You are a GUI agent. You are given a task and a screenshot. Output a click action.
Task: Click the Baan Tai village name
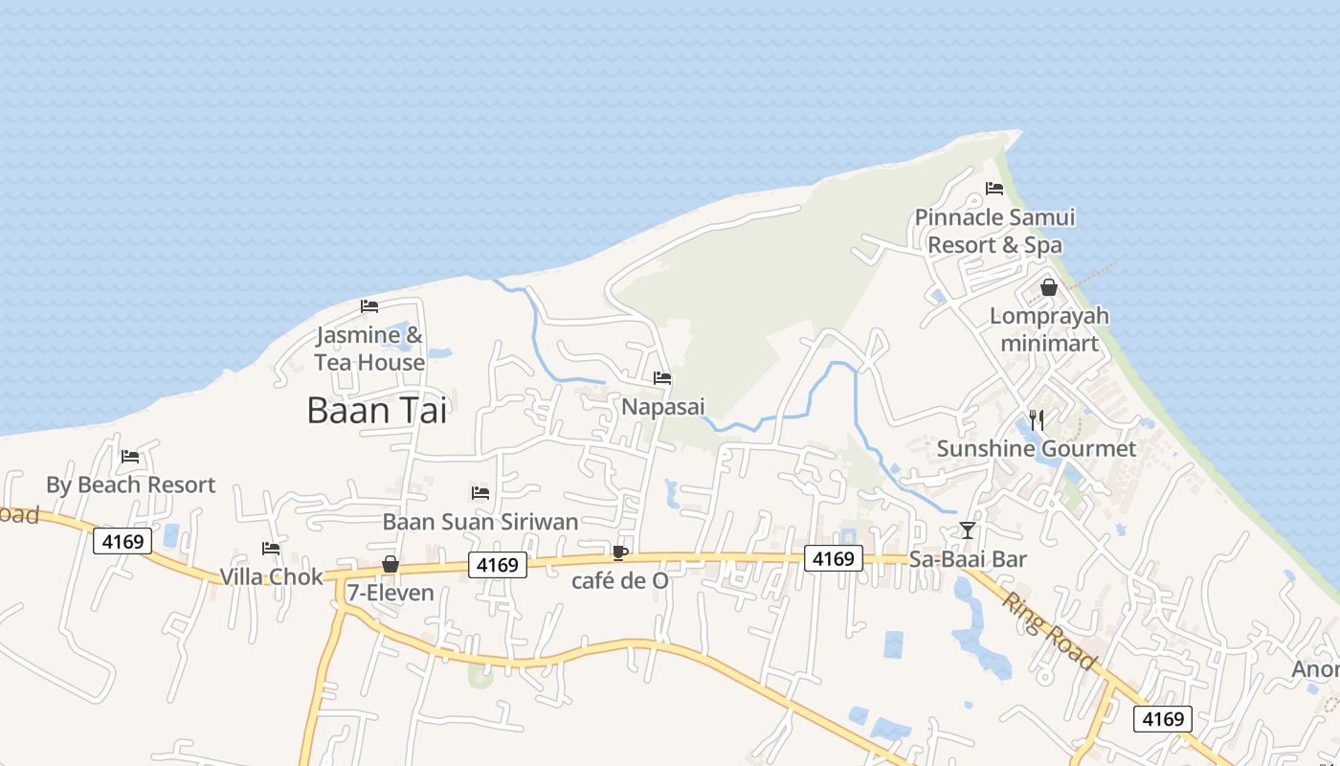pos(377,410)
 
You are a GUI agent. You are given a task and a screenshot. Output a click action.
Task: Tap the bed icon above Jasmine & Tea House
pos(369,306)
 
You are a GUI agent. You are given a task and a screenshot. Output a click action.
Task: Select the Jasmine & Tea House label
pos(369,349)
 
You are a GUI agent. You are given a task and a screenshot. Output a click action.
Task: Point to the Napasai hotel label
pos(663,407)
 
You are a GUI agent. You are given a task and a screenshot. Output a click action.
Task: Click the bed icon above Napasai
pos(662,378)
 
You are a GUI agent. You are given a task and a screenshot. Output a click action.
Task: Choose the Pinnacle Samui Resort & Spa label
pos(994,231)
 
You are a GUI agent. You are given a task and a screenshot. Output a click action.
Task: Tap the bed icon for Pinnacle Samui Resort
pos(994,189)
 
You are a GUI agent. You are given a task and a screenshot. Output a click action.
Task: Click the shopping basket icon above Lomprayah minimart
pos(1049,287)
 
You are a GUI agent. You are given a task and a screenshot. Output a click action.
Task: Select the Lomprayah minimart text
pos(1049,329)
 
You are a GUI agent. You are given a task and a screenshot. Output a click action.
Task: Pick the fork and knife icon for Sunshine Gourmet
pos(1036,419)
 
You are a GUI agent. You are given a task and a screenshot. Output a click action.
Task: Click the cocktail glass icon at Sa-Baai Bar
pos(968,530)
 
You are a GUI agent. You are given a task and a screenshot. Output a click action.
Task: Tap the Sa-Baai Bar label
pos(968,559)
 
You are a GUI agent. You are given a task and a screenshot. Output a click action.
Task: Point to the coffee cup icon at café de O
pos(620,552)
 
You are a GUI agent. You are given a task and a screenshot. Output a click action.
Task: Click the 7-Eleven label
pos(391,593)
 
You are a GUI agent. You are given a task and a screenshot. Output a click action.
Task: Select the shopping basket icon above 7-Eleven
pos(391,564)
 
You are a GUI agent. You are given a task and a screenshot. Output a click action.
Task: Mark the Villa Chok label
pos(272,576)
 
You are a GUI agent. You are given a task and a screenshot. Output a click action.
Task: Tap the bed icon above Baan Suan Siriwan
pos(480,493)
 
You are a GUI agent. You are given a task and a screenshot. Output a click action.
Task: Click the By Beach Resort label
pos(131,484)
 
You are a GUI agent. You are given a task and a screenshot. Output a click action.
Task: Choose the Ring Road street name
pos(1049,631)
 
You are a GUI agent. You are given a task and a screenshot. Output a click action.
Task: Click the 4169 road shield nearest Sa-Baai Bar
pos(833,558)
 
